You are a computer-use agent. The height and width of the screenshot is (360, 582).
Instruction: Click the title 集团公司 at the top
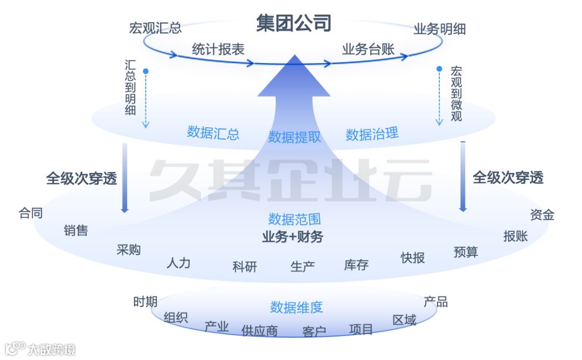294,23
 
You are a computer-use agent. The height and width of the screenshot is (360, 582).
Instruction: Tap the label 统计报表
218,50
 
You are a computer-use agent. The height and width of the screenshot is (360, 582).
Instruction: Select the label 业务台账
368,50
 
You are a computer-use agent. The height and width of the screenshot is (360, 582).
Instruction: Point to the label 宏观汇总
155,28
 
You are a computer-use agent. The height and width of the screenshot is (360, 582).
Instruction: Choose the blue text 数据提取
295,137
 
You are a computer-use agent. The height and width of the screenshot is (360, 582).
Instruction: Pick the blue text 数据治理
372,134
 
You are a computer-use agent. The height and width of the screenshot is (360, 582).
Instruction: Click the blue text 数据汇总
213,133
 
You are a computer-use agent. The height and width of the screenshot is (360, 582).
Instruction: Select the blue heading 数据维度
296,307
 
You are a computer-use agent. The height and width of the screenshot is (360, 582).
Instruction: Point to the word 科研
245,266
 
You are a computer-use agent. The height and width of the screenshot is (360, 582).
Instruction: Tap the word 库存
356,265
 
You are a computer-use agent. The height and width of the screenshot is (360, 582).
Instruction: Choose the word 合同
31,213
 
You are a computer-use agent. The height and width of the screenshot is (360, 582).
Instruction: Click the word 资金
542,214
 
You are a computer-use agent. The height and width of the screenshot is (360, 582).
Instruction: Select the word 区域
404,320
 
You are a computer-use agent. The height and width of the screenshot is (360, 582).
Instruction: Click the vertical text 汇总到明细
130,87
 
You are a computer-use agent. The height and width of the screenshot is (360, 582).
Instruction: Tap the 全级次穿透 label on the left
81,178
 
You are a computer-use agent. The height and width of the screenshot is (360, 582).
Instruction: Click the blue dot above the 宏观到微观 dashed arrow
439,69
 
